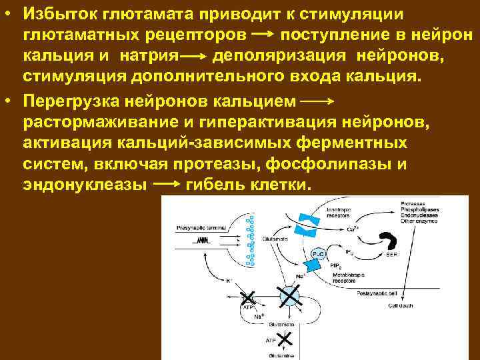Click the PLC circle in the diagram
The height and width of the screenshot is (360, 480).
click(x=318, y=253)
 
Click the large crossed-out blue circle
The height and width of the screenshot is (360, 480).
click(x=289, y=295)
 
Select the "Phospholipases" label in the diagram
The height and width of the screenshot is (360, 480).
click(x=418, y=209)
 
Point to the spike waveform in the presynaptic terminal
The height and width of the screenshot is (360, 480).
click(x=202, y=241)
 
